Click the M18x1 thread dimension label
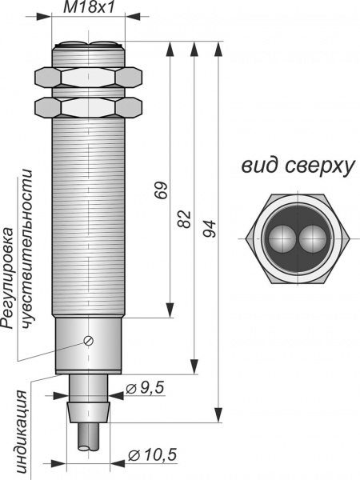pos(89,6)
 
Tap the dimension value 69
pos(162,190)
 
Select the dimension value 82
pos(185,219)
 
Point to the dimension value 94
pos(210,229)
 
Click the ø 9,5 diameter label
pos(145,388)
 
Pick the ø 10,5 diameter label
pos(153,455)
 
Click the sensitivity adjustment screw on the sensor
pos(89,341)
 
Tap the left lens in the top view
pos(282,238)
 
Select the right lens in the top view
pos(312,238)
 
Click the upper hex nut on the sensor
pos(89,77)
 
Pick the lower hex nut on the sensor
pos(89,107)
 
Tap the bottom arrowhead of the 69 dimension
pos(170,310)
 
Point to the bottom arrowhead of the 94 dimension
pos(218,414)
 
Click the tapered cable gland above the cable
pos(89,413)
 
